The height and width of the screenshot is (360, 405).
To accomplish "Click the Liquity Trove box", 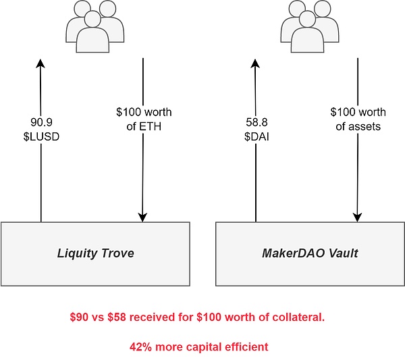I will point(94,253).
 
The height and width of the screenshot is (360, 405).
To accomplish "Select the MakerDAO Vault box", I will point(309,253).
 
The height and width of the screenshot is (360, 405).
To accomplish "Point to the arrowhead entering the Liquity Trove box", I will point(143,217).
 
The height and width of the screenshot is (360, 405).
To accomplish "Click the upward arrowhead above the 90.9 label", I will point(41,63).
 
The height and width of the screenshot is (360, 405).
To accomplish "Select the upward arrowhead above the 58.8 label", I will point(256,63).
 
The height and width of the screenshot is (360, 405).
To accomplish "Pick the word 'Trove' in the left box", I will point(116,254).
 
